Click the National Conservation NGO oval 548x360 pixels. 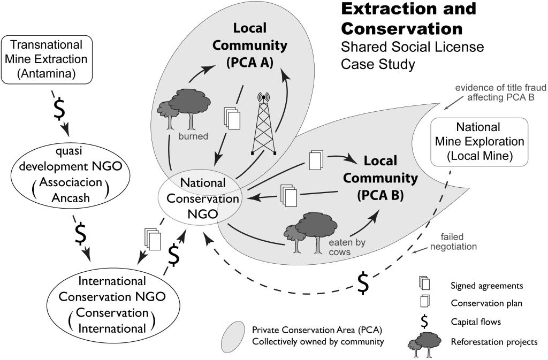(199, 198)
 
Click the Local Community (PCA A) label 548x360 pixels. (249, 45)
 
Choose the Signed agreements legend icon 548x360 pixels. (424, 282)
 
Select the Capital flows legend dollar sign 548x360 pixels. (424, 321)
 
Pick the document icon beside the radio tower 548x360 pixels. (232, 117)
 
